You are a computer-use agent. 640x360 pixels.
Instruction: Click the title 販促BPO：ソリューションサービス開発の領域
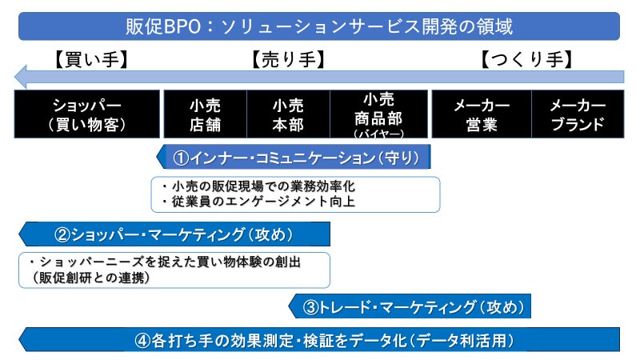[x=319, y=26]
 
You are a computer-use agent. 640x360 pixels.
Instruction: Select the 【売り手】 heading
[x=287, y=60]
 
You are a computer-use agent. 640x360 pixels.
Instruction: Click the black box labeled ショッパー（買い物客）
[x=87, y=114]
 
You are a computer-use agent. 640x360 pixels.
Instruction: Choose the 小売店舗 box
[x=205, y=114]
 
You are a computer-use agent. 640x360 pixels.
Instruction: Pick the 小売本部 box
[x=287, y=114]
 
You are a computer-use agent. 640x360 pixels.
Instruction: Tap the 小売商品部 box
[x=378, y=107]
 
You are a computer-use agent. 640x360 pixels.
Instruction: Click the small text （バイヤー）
[x=378, y=132]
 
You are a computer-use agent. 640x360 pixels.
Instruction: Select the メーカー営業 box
[x=482, y=114]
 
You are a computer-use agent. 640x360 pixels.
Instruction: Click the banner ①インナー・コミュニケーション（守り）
[x=296, y=157]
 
